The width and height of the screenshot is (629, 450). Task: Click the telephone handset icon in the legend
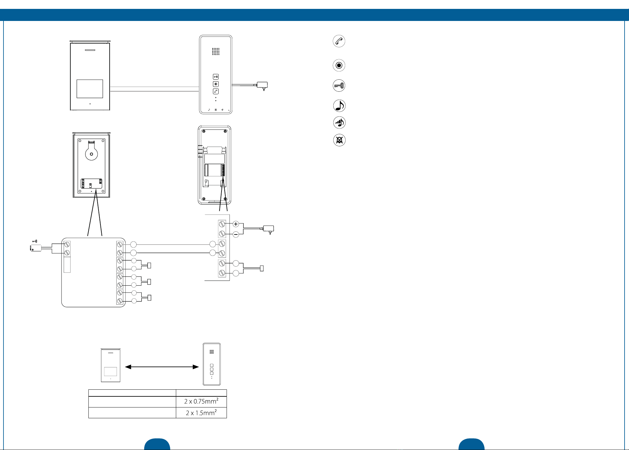[x=339, y=41]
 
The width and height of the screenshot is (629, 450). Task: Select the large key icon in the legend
[x=339, y=86]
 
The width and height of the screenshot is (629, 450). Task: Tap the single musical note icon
[x=339, y=106]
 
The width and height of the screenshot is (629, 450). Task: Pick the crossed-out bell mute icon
[x=339, y=140]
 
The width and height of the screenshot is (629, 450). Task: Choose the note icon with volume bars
[x=339, y=122]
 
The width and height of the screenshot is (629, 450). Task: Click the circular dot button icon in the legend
[x=339, y=65]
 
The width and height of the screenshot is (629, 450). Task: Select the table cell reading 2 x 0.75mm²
[x=201, y=401]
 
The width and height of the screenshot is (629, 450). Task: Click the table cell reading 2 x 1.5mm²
[x=201, y=413]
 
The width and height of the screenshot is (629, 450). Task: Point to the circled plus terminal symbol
[x=236, y=224]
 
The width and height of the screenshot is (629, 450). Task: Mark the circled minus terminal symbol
[x=236, y=235]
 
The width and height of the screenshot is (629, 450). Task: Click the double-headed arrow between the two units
[x=162, y=367]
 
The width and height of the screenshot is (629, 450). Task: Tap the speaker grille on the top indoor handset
[x=216, y=51]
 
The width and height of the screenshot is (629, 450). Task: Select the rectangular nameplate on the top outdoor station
[x=90, y=89]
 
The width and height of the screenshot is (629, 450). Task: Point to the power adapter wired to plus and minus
[x=268, y=229]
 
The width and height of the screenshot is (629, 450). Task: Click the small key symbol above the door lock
[x=35, y=242]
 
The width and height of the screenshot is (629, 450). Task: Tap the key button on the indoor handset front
[x=216, y=77]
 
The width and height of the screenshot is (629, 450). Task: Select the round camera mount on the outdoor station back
[x=91, y=154]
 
